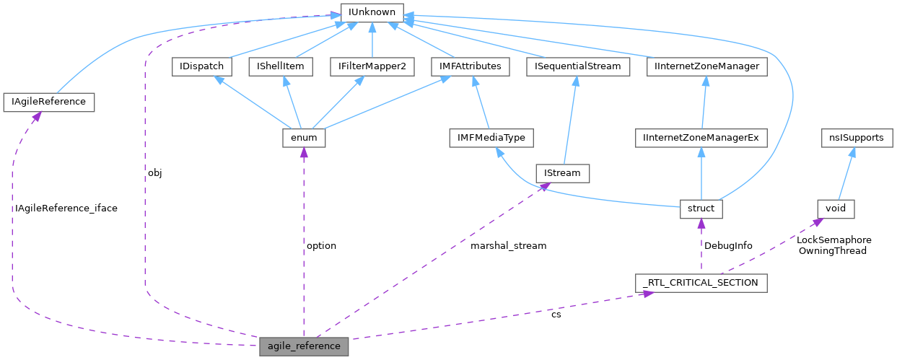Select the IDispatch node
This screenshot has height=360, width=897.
pos(201,66)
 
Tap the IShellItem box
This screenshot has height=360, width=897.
pos(280,66)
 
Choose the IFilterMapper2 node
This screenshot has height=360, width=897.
pos(372,66)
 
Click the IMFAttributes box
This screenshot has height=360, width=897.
pos(470,66)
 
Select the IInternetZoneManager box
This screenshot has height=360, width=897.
pos(706,66)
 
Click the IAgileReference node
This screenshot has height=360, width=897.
pos(49,102)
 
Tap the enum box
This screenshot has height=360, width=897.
pos(304,137)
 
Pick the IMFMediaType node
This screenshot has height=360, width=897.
pos(491,137)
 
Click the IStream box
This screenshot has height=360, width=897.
pos(562,173)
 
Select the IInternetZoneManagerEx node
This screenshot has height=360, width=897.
pos(701,137)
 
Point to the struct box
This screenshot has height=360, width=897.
pos(701,208)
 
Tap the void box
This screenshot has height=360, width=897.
pos(836,208)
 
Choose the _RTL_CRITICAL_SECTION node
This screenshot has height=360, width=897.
pos(701,283)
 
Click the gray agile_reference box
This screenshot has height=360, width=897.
pos(304,346)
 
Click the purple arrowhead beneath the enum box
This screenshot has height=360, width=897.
pos(304,152)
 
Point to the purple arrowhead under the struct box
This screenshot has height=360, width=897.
pos(701,223)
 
